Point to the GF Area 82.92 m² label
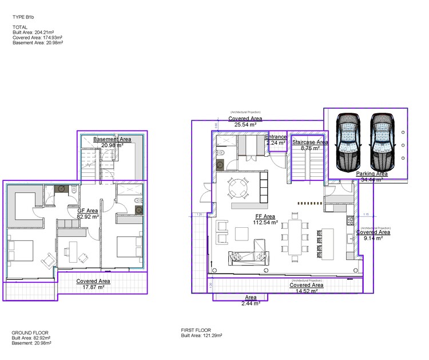pyautogui.click(x=88, y=214)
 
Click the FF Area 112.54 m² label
pyautogui.click(x=265, y=220)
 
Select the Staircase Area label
pyautogui.click(x=310, y=145)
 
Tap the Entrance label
pyautogui.click(x=276, y=140)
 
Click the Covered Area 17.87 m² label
pyautogui.click(x=93, y=284)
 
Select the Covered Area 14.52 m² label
pyautogui.click(x=306, y=288)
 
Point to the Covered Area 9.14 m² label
pyautogui.click(x=373, y=235)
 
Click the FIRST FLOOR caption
pyautogui.click(x=196, y=330)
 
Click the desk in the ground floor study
pyautogui.click(x=73, y=250)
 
